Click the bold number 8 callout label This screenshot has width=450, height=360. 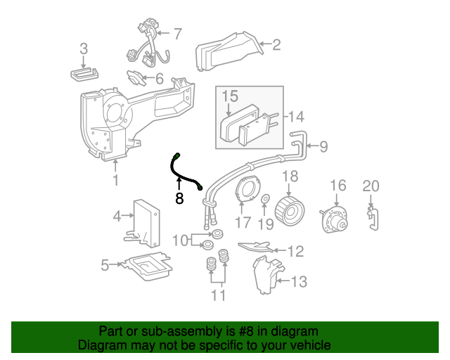click(x=179, y=199)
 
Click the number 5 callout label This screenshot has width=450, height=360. click(x=104, y=265)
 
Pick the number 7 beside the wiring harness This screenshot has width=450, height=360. click(x=177, y=33)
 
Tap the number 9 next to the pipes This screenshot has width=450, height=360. click(x=323, y=146)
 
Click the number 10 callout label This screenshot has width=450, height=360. click(x=179, y=240)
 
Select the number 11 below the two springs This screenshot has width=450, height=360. click(x=219, y=295)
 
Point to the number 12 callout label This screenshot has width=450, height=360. click(x=295, y=250)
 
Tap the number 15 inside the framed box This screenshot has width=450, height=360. click(x=231, y=95)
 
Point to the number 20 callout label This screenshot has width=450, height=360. click(x=371, y=186)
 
